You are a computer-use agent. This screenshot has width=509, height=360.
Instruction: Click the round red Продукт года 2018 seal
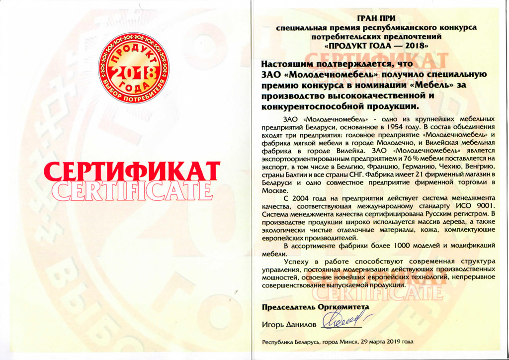click(x=133, y=68)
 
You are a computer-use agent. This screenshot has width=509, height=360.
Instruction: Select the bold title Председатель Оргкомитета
click(x=316, y=308)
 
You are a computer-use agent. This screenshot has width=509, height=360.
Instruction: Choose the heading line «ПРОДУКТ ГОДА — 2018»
click(x=376, y=44)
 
